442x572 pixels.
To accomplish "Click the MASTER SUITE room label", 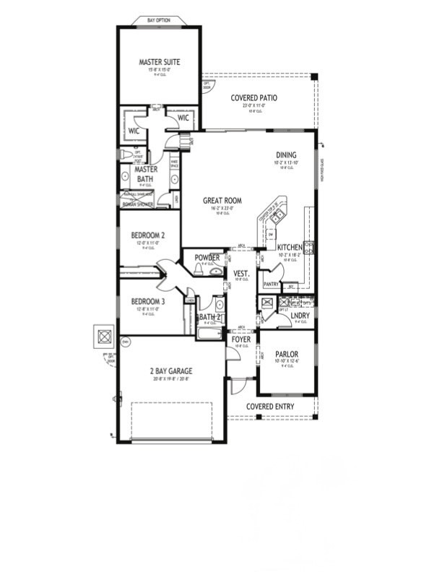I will click(159, 62).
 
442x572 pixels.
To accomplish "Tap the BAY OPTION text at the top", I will click(158, 20).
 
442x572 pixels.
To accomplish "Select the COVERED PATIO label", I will click(253, 97).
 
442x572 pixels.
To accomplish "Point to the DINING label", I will click(286, 155).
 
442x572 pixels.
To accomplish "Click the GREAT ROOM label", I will click(221, 201).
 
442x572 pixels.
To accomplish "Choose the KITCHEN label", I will click(290, 248).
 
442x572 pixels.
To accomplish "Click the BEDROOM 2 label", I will click(148, 235).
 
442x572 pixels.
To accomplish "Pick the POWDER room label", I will click(207, 257).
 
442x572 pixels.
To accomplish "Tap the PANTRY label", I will click(271, 285).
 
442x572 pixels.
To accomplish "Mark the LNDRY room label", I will click(300, 315).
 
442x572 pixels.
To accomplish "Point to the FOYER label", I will click(240, 338).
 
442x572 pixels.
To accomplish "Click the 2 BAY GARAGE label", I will click(171, 371).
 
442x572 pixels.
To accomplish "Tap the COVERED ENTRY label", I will click(270, 407).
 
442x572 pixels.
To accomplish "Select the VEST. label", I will click(241, 273).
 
